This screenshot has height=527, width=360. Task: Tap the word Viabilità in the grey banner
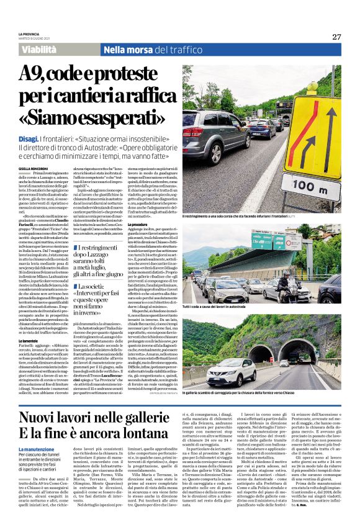click(42, 50)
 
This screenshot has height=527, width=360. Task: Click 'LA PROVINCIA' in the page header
click(29, 34)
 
